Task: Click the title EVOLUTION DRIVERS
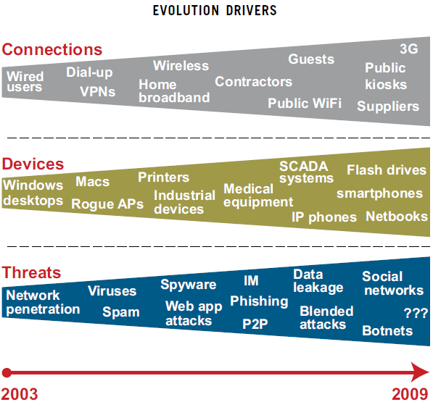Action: click(215, 10)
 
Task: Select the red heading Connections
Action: click(52, 50)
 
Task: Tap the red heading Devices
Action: click(33, 164)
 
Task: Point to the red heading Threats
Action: click(31, 272)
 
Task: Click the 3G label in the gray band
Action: click(409, 49)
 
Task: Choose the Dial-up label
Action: click(89, 72)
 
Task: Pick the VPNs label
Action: click(97, 91)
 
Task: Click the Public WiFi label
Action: click(305, 104)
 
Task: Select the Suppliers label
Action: click(388, 106)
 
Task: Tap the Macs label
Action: click(93, 182)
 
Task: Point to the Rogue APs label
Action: click(107, 204)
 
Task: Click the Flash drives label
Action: click(387, 169)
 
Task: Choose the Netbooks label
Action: click(397, 217)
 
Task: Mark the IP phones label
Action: click(324, 217)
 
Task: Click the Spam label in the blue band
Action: click(121, 312)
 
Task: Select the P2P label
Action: click(255, 324)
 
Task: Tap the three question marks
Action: click(416, 313)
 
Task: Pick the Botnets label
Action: click(387, 330)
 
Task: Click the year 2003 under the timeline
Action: click(20, 394)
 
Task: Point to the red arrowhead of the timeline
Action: click(420, 372)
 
